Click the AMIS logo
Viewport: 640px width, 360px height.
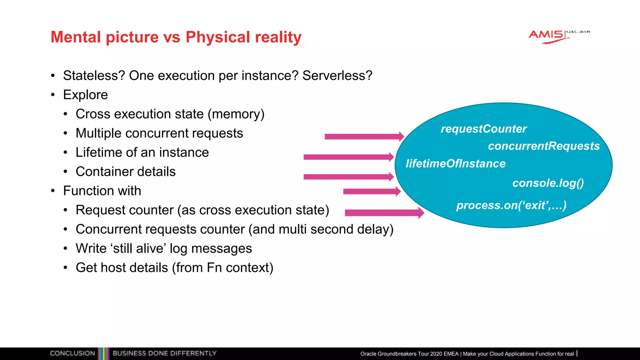549,36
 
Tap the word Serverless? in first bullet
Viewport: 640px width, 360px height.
337,76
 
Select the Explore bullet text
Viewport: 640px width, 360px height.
85,95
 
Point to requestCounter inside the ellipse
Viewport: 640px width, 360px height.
483,129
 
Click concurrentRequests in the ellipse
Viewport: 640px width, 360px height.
544,146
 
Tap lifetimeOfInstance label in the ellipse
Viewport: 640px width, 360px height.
455,163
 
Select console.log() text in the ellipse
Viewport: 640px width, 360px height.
548,183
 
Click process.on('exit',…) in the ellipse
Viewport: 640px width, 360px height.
511,205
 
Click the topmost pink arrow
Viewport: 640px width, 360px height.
364,137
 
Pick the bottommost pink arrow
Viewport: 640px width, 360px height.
384,213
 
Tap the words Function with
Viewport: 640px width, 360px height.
102,191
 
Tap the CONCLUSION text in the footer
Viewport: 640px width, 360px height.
72,353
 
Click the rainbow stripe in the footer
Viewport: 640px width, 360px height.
103,353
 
